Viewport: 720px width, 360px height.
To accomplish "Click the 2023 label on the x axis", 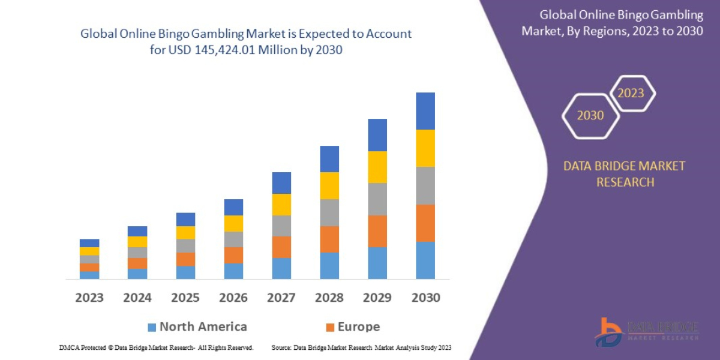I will [x=89, y=298].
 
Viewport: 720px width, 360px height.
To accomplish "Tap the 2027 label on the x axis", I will [x=281, y=298].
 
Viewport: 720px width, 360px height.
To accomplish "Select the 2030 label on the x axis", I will [x=425, y=298].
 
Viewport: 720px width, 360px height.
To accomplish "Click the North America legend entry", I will [x=197, y=327].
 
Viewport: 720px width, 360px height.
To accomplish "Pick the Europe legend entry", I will [x=352, y=327].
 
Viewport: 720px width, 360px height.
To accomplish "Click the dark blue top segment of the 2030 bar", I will [x=425, y=111].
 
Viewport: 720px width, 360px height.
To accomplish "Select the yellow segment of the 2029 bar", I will [x=377, y=167].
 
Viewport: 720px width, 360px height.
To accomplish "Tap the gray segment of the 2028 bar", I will [x=329, y=212].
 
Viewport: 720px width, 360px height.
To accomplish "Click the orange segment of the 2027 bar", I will [x=281, y=247].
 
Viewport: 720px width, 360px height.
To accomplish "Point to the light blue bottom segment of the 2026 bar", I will [x=233, y=271].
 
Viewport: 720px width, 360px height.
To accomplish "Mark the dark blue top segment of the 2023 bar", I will [x=89, y=243].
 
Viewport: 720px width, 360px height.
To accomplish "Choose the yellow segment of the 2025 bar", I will [x=185, y=233].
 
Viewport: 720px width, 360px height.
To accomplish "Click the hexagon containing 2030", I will [x=590, y=115].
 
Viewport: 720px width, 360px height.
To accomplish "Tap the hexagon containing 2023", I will [x=631, y=93].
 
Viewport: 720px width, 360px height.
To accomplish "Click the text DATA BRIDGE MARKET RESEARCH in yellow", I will [x=624, y=174].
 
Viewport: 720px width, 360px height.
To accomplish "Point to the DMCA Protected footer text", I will [x=156, y=347].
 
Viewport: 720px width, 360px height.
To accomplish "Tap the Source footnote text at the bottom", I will [x=361, y=347].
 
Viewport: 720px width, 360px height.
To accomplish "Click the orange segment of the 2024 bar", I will [x=137, y=263].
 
